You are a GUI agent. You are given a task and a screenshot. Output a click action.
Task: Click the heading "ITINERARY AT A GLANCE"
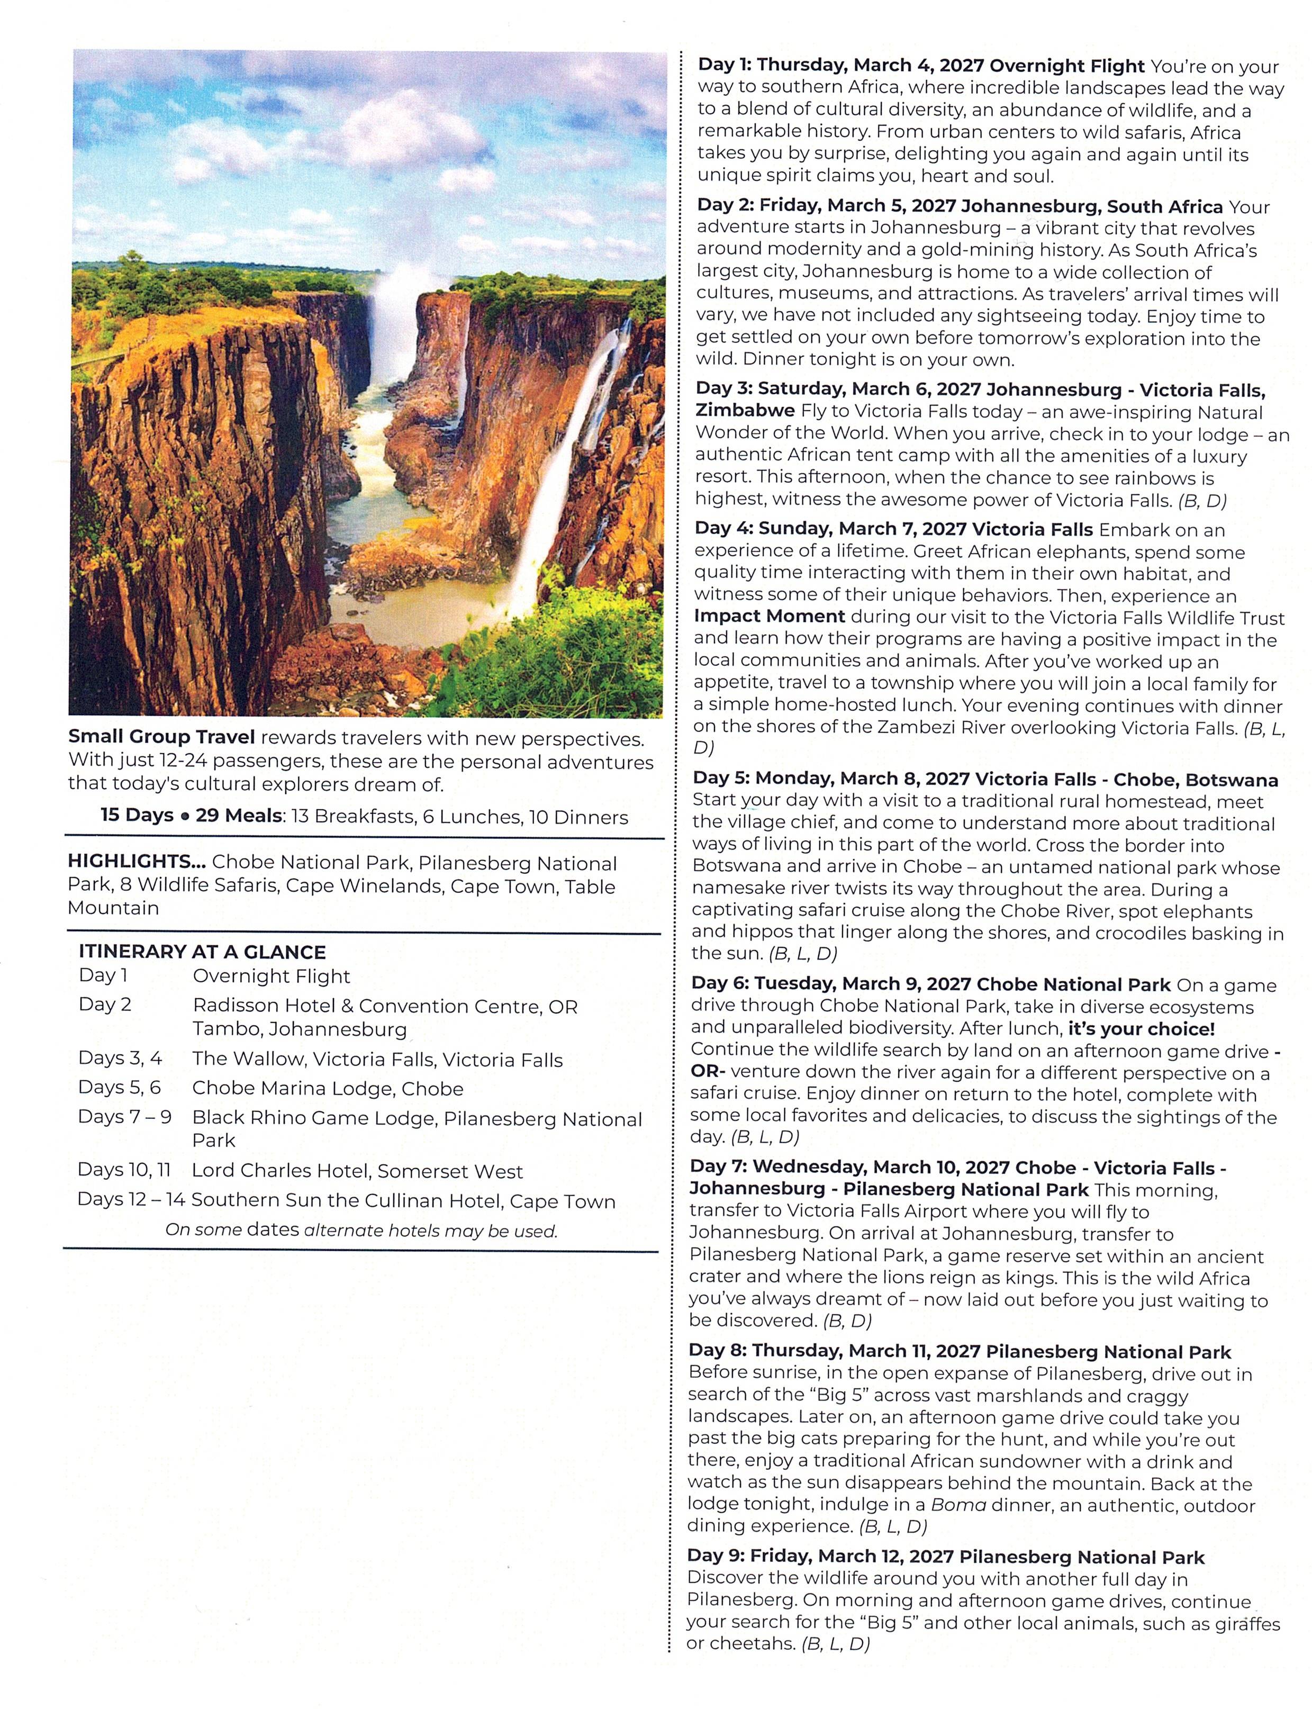202,951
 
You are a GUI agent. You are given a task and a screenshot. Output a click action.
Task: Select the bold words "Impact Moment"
769,616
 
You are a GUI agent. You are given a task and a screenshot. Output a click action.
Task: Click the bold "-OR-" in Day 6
708,1072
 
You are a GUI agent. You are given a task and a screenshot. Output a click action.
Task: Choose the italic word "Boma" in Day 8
958,1505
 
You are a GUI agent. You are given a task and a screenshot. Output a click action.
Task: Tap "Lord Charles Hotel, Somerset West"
357,1171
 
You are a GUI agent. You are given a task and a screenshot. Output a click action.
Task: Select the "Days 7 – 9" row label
124,1117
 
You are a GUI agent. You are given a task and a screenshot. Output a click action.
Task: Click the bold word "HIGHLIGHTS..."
136,862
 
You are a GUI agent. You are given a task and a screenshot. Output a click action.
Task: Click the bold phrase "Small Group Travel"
161,737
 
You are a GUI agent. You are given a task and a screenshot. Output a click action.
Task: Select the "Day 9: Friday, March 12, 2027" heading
820,1557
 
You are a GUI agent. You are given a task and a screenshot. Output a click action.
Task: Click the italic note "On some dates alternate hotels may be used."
361,1230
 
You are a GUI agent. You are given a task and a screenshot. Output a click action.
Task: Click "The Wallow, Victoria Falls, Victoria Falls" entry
377,1059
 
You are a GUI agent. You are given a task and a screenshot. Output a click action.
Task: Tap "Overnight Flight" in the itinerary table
271,976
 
